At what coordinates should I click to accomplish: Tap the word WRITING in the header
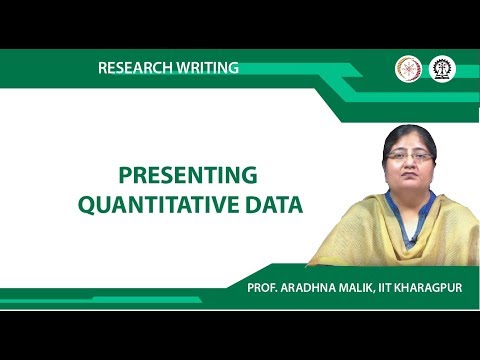[206, 68]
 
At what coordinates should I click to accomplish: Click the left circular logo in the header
[408, 68]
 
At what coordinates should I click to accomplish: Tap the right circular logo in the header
[440, 68]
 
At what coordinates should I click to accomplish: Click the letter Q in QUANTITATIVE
[87, 207]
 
